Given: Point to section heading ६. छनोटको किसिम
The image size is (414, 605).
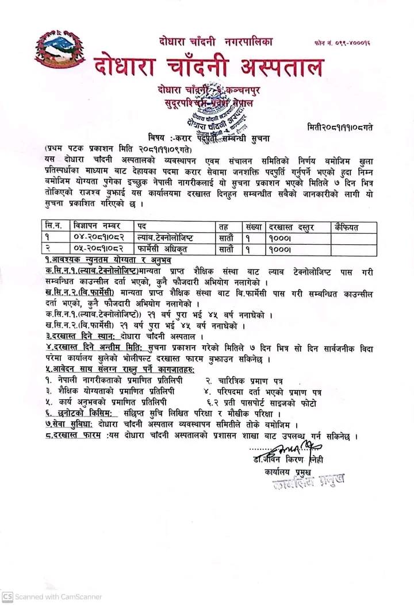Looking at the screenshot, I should click(81, 414).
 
